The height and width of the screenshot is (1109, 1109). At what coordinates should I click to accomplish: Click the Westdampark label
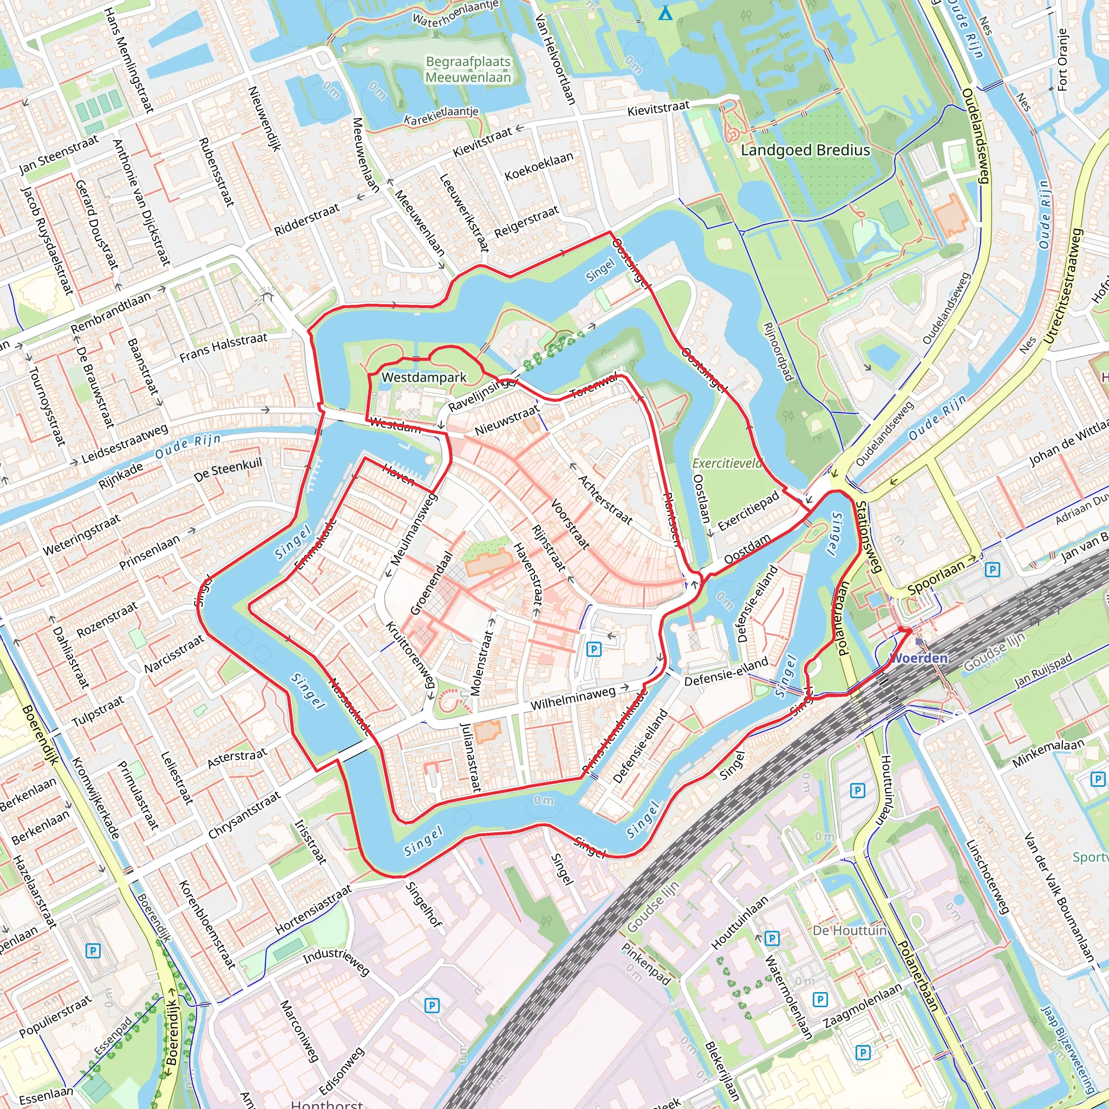click(x=423, y=378)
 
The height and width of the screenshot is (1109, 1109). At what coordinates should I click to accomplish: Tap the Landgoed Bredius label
click(x=805, y=151)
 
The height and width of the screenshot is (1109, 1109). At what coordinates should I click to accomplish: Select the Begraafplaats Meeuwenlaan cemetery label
click(x=468, y=69)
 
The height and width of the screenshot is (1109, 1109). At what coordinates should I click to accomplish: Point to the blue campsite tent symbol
click(x=666, y=12)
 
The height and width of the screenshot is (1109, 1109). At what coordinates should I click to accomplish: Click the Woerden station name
click(x=918, y=658)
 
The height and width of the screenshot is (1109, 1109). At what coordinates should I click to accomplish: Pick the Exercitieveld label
click(x=727, y=463)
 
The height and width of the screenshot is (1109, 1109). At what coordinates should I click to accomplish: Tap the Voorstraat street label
click(x=570, y=523)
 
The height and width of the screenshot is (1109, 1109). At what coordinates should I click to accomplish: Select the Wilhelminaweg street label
click(x=573, y=698)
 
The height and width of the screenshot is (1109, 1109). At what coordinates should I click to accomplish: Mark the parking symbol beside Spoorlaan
click(x=992, y=570)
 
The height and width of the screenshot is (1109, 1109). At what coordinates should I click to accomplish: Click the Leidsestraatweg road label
click(x=125, y=443)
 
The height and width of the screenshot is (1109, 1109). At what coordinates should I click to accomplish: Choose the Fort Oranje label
click(x=1062, y=60)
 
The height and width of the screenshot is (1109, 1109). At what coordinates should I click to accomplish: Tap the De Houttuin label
click(x=850, y=930)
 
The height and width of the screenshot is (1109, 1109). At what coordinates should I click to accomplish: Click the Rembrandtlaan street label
click(x=111, y=313)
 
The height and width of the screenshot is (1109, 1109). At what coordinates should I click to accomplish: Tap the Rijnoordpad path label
click(x=778, y=352)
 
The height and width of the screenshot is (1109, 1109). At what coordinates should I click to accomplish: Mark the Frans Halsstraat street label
click(x=223, y=347)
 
